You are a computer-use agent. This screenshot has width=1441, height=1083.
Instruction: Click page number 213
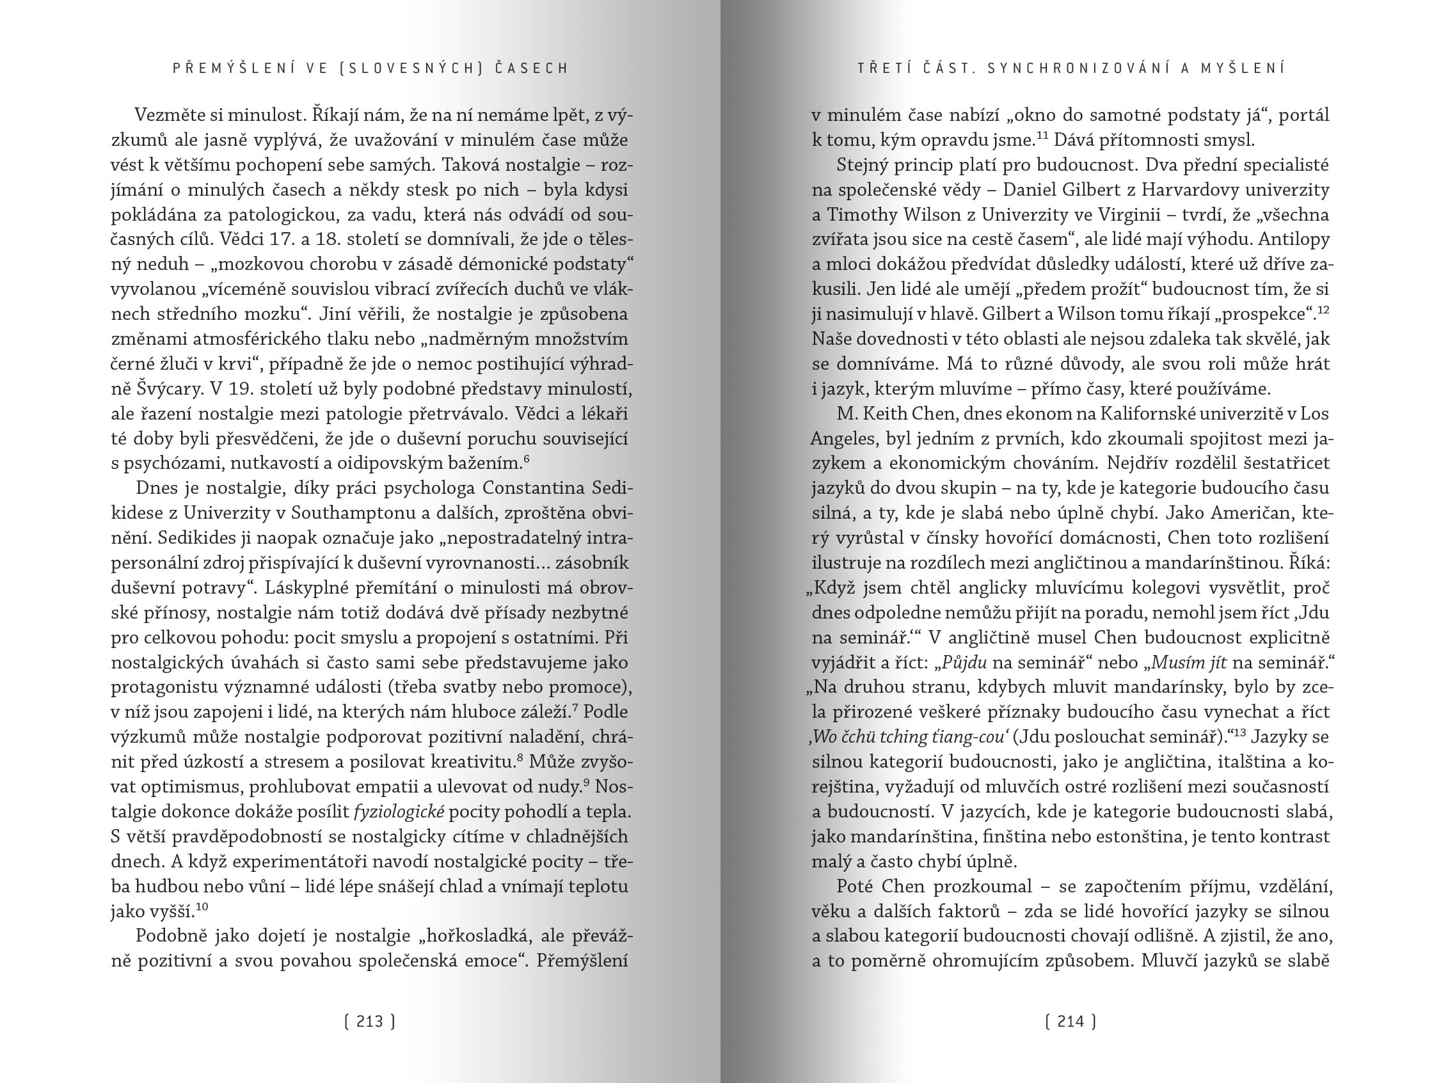coord(370,1021)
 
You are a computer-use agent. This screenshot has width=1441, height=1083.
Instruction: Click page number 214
coord(1071,1021)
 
